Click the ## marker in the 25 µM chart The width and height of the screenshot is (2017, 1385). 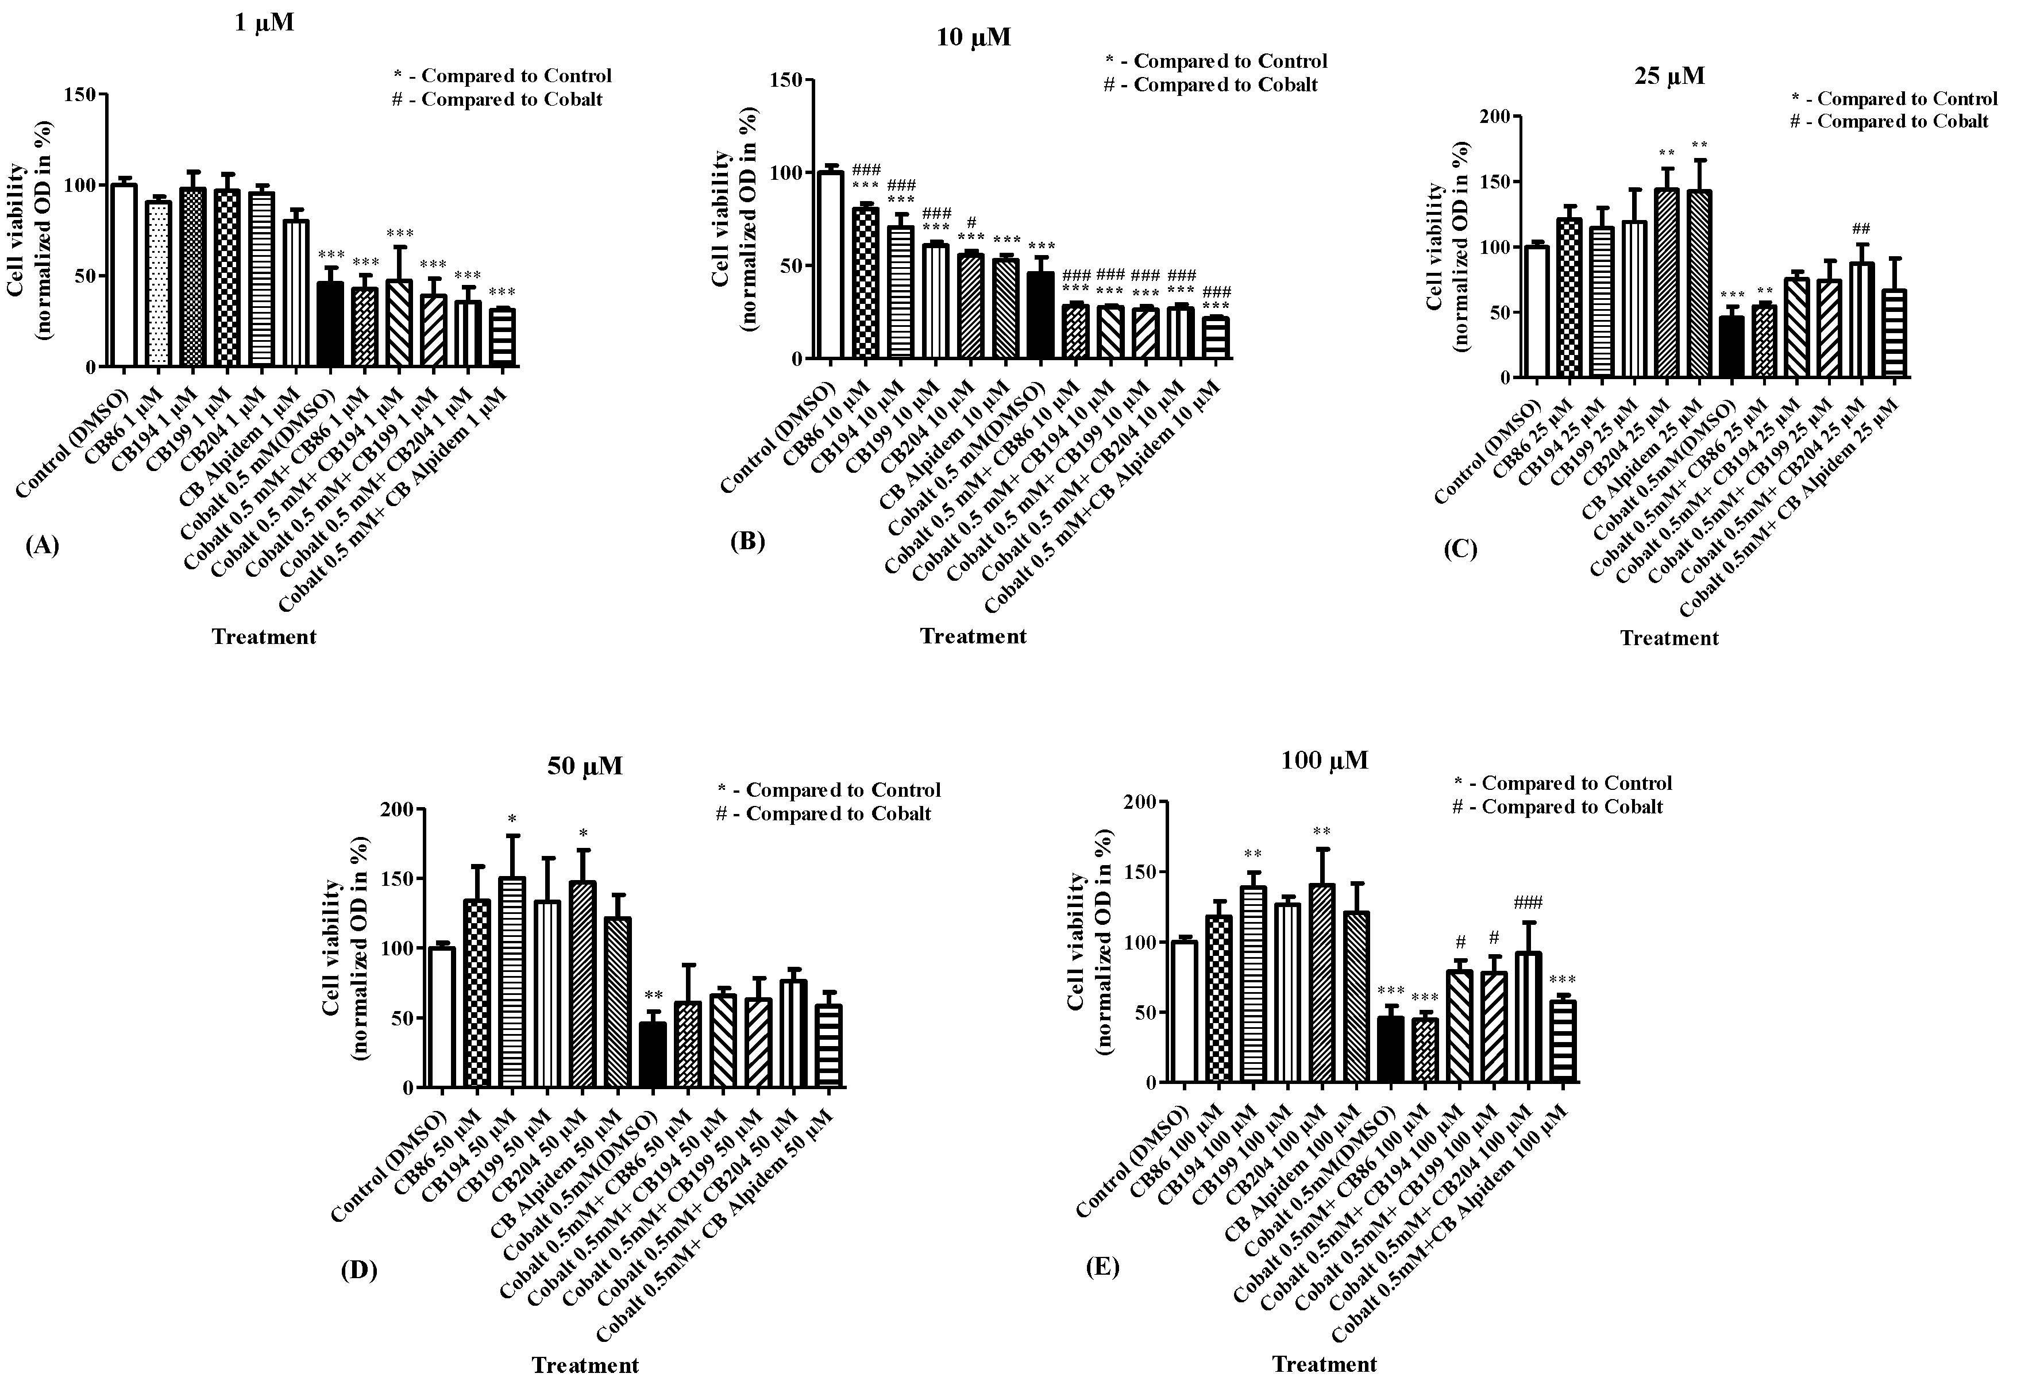pyautogui.click(x=1860, y=229)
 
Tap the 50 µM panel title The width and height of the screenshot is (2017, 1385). pyautogui.click(x=584, y=766)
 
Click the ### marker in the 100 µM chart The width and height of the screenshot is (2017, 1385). pyautogui.click(x=1528, y=902)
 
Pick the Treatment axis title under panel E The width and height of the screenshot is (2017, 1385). pyautogui.click(x=1324, y=1364)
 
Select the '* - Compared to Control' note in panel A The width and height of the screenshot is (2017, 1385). pyautogui.click(x=503, y=76)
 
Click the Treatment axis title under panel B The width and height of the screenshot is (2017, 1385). pyautogui.click(x=973, y=636)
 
